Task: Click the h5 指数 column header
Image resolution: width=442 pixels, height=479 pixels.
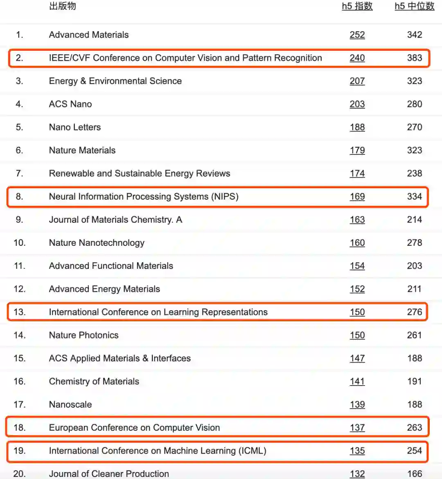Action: [x=357, y=6]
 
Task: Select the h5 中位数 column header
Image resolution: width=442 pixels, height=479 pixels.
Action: [x=414, y=6]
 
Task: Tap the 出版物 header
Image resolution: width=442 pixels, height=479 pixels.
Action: [x=62, y=6]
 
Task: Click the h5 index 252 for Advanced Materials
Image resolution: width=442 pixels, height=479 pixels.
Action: [x=357, y=35]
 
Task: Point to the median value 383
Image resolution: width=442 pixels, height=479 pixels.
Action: [x=414, y=58]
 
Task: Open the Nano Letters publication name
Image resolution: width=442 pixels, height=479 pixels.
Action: [x=74, y=127]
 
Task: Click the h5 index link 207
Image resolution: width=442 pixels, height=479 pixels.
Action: [x=357, y=81]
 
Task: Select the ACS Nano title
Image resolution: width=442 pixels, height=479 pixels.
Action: [x=70, y=104]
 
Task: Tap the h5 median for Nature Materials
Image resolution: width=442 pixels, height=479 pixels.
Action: [x=414, y=150]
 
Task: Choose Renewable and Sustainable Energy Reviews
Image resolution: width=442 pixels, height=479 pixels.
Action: [x=139, y=173]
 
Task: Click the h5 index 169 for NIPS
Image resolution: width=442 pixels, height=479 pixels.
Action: [x=357, y=197]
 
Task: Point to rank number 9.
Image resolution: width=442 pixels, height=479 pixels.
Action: [x=19, y=220]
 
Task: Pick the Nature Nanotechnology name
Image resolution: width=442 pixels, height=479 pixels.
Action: [x=97, y=243]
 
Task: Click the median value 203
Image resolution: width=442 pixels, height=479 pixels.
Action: [x=414, y=266]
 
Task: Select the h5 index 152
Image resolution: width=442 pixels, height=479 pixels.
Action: [x=357, y=289]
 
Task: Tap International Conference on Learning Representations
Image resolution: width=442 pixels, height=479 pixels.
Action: [x=158, y=312]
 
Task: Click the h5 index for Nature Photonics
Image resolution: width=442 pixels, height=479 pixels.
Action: [x=357, y=335]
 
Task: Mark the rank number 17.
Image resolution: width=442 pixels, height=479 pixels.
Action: [x=19, y=404]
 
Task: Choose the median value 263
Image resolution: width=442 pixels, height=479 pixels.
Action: [x=414, y=427]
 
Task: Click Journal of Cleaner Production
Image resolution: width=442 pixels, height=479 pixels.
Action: [x=108, y=474]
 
